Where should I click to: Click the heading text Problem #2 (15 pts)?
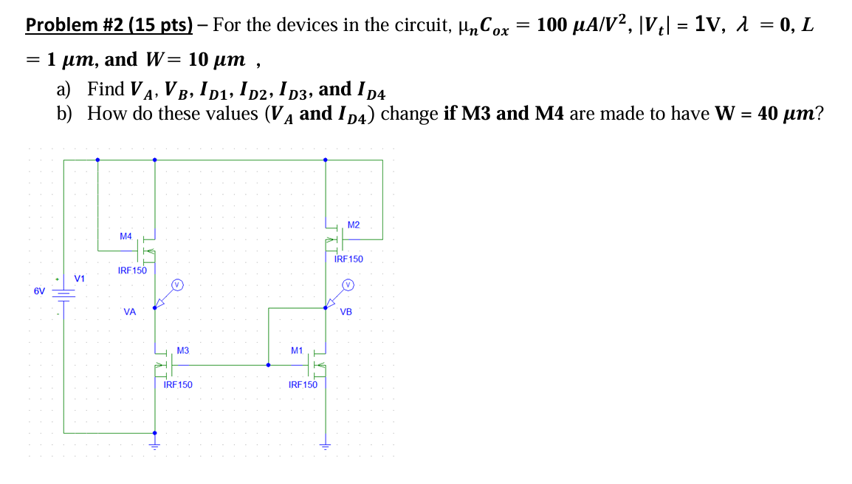pos(109,24)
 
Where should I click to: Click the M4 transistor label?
pos(126,236)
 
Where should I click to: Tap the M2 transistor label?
pos(353,225)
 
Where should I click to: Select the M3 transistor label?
pos(183,350)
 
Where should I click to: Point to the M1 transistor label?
pos(297,350)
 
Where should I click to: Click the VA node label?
pos(130,313)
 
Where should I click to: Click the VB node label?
pos(346,313)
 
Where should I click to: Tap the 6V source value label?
pos(40,291)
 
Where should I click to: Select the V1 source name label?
pos(80,279)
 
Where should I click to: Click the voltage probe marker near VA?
pos(176,284)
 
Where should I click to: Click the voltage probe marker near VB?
pos(348,284)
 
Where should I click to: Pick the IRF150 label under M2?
pos(348,259)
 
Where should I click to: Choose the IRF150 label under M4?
pos(132,270)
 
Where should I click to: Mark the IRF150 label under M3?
pos(178,384)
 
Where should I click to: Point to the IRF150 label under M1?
pos(303,384)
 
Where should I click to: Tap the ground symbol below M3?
pos(154,445)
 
